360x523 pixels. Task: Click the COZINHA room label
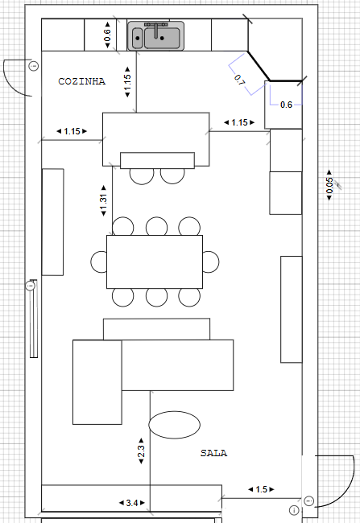[82, 81]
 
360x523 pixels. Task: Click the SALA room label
[213, 453]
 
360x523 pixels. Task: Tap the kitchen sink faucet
[156, 30]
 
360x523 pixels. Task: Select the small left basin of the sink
[137, 39]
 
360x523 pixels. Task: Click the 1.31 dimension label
[104, 200]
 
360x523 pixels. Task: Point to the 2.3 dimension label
[141, 451]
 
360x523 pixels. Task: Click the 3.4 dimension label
[132, 503]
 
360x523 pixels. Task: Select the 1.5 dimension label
[261, 489]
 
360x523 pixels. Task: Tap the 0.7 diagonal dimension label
[239, 80]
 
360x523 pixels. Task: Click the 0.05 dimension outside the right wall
[329, 185]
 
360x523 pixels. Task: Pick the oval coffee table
[174, 425]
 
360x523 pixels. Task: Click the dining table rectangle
[155, 261]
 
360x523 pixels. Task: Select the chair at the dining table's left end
[99, 261]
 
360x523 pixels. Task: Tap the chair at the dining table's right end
[211, 261]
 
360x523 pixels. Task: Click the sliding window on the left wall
[34, 319]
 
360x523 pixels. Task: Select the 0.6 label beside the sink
[108, 35]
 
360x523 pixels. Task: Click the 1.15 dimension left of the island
[72, 131]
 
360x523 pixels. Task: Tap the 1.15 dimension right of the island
[239, 122]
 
